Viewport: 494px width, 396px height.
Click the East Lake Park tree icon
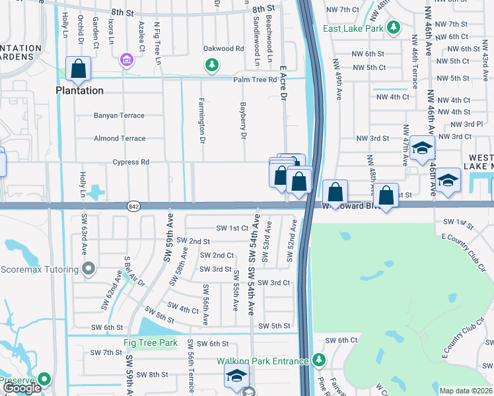(394, 28)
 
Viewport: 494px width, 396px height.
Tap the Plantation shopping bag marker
(79, 69)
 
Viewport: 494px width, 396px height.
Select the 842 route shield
(133, 206)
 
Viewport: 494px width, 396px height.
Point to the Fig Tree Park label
(151, 343)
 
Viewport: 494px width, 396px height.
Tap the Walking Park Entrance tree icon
(319, 360)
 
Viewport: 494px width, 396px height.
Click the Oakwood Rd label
(223, 49)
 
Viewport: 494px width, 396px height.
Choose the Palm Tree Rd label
(254, 80)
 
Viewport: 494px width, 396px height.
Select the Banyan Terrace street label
(119, 115)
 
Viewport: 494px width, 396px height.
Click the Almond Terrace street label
(120, 139)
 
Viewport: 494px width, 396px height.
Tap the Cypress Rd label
(131, 162)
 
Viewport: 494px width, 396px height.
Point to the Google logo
(22, 388)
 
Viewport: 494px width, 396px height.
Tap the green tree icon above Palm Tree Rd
(211, 65)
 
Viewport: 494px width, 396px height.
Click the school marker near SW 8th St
(236, 376)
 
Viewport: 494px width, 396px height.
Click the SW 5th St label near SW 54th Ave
(274, 326)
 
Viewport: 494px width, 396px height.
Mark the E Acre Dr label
(284, 82)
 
